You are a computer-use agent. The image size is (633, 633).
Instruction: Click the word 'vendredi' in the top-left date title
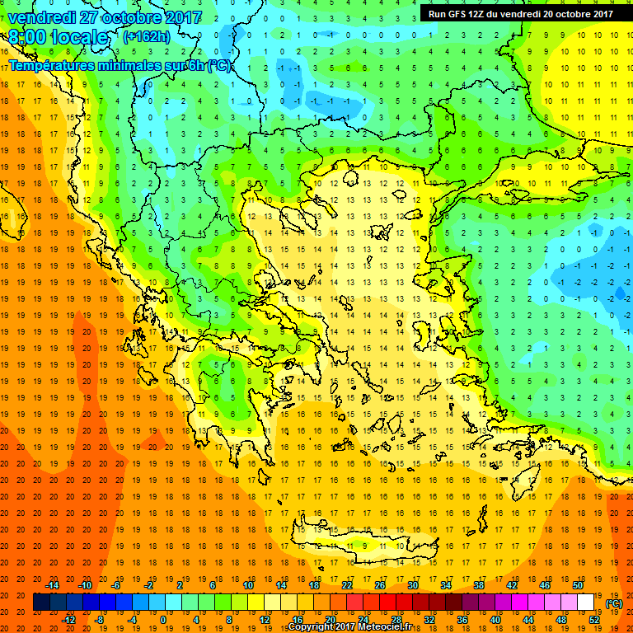pyautogui.click(x=40, y=16)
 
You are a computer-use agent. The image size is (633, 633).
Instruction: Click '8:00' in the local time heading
pyautogui.click(x=28, y=38)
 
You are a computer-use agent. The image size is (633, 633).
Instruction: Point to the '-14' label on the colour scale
pyautogui.click(x=52, y=585)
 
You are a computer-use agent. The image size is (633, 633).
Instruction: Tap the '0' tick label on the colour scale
pyautogui.click(x=163, y=620)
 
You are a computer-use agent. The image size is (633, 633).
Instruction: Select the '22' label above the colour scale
pyautogui.click(x=347, y=585)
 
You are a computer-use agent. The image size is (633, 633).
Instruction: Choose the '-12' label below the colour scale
pyautogui.click(x=68, y=620)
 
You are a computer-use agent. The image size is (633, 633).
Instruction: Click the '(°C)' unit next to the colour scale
pyautogui.click(x=613, y=603)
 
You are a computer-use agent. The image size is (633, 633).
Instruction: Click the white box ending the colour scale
pyautogui.click(x=586, y=603)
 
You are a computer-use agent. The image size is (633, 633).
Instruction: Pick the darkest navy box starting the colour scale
pyautogui.click(x=41, y=603)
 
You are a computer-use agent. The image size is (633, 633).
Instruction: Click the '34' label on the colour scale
pyautogui.click(x=446, y=585)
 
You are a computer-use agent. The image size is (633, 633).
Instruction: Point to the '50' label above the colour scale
pyautogui.click(x=578, y=585)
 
